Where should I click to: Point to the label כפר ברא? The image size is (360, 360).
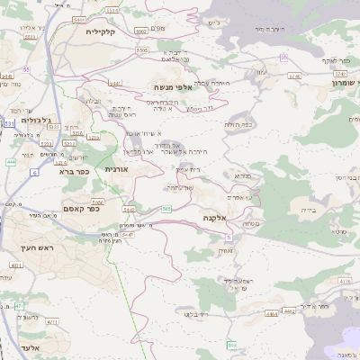point(72,169)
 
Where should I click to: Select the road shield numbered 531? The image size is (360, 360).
point(8,121)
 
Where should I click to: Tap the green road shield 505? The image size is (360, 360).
point(166,209)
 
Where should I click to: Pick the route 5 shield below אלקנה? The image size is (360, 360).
point(229,237)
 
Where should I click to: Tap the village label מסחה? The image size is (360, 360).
point(251,223)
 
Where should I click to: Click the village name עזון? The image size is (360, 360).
point(261,71)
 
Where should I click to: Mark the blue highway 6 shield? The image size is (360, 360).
point(35,171)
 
